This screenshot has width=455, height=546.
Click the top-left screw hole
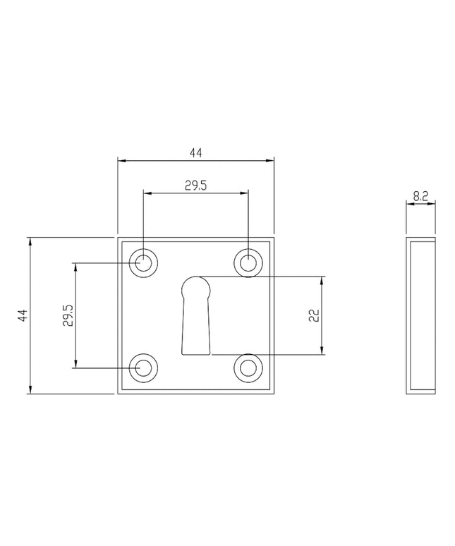[x=143, y=263]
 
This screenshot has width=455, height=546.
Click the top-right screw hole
[x=248, y=263]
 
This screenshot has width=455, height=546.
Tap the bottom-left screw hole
[x=143, y=368]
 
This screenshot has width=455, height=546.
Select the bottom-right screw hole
[x=248, y=368]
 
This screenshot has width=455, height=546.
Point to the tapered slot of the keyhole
[x=196, y=327]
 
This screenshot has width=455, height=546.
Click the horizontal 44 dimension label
[x=195, y=153]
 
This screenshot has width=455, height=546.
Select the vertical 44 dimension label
[x=23, y=315]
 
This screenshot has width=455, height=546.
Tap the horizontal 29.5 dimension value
[x=195, y=186]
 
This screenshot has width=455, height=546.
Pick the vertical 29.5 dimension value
[x=68, y=315]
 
